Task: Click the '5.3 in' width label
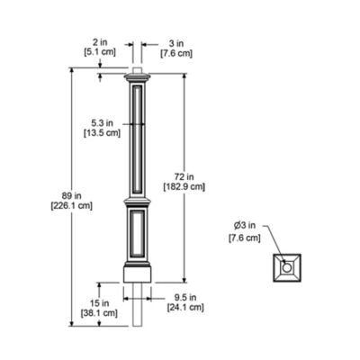(103, 123)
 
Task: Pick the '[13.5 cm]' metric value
(103, 134)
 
